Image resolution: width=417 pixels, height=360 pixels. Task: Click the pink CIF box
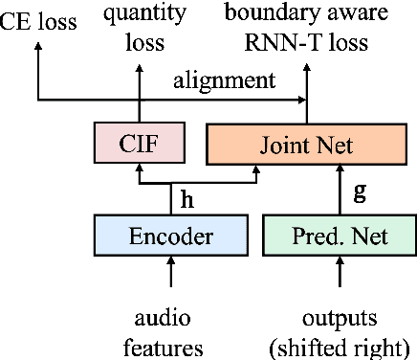tap(139, 145)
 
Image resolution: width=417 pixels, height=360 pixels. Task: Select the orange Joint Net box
tap(306, 145)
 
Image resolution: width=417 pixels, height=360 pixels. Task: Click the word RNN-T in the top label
tap(275, 42)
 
